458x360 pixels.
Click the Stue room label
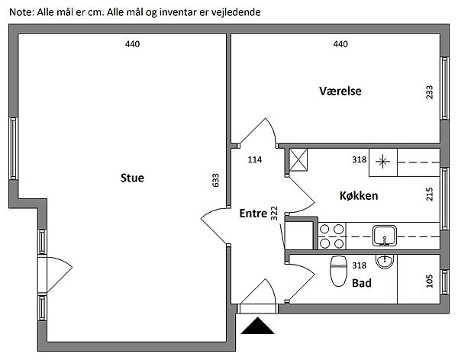tap(132, 178)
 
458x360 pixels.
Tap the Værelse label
tap(340, 92)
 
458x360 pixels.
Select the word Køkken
tap(360, 196)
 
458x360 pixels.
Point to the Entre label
tap(253, 214)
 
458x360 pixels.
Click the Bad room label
tap(362, 282)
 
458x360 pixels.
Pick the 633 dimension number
tap(216, 180)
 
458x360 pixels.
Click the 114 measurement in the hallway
tap(255, 160)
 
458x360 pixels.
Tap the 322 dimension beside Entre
tap(273, 211)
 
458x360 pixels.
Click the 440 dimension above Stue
tap(133, 44)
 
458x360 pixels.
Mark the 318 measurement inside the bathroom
tap(360, 265)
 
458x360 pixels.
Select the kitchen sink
tap(383, 234)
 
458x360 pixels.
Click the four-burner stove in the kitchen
tap(331, 236)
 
